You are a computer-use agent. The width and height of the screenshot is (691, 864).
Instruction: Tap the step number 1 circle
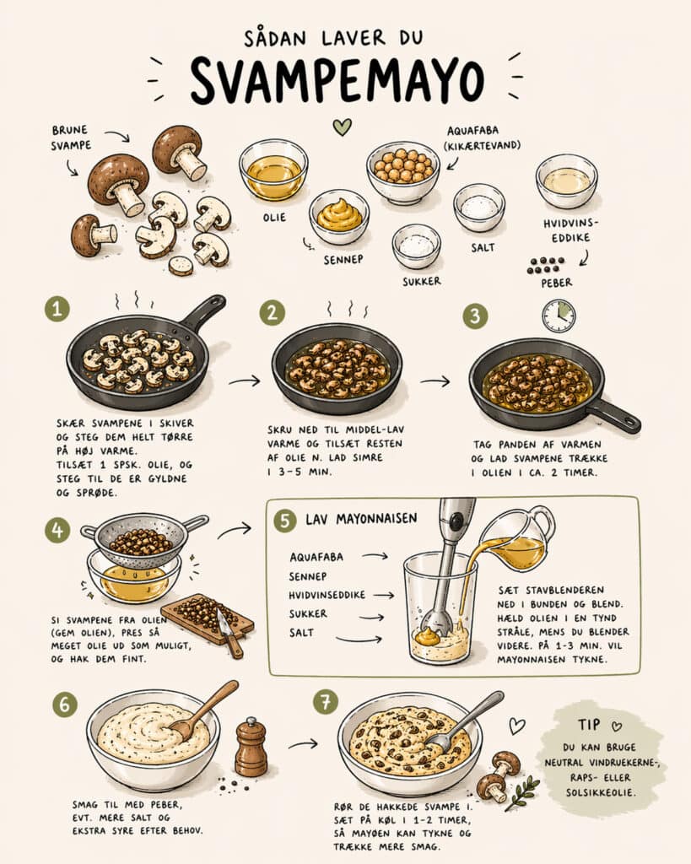point(57,310)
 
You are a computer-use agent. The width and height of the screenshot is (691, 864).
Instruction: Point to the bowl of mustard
point(339,216)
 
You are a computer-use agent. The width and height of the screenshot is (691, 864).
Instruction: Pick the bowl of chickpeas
point(402,170)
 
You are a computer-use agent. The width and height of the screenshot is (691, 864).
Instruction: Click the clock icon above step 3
point(558,316)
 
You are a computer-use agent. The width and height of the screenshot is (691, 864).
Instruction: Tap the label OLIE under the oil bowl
point(274,217)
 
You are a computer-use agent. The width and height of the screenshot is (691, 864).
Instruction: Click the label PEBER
point(556,283)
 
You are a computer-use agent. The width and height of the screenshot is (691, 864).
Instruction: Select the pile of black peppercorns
point(546,265)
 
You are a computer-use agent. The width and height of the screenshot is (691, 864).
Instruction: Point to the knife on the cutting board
point(226,630)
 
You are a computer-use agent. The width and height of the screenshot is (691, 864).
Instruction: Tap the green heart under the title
point(341,127)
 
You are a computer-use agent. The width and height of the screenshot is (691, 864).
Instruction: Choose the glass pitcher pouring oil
point(519,540)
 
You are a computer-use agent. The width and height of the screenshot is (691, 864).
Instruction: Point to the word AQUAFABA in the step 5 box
point(316,557)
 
